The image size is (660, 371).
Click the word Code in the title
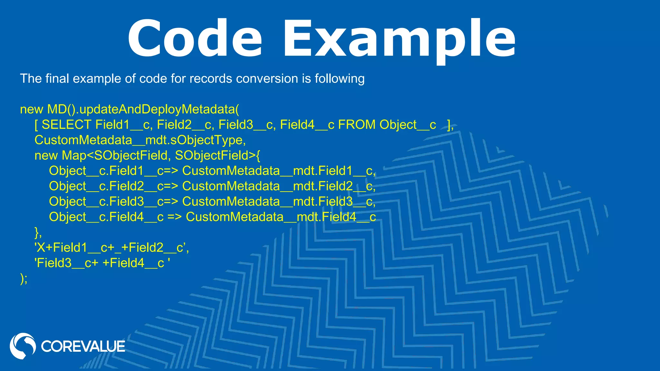click(x=195, y=39)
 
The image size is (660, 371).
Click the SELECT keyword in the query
click(x=66, y=125)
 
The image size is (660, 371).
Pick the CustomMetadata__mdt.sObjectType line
click(x=140, y=140)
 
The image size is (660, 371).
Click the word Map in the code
click(x=74, y=156)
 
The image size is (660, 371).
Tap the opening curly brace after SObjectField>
click(x=258, y=156)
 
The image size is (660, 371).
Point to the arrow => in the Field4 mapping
click(x=174, y=217)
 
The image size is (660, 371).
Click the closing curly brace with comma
click(x=38, y=232)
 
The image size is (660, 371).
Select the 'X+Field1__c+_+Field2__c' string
click(x=111, y=248)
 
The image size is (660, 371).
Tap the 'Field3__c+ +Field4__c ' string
click(x=102, y=263)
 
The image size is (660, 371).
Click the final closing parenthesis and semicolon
click(x=24, y=279)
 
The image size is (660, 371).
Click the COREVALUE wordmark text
click(x=83, y=347)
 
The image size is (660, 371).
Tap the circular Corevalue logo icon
click(x=23, y=346)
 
